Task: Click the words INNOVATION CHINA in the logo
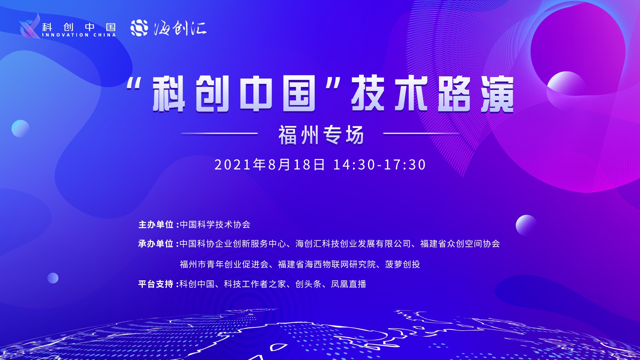79,35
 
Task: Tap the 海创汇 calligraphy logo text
180,28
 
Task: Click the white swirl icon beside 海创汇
139,28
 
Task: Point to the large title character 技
368,93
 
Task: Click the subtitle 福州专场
321,135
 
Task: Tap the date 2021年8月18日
269,165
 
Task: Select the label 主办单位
156,225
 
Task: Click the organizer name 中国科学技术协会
215,225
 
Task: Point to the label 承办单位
156,244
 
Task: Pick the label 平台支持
156,284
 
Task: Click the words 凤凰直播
349,284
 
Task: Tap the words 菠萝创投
403,264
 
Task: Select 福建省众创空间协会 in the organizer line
460,244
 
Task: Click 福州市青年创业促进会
224,264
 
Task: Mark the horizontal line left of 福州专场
219,134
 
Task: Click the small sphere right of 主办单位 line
526,225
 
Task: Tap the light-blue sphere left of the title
20,129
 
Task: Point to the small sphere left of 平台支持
53,278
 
